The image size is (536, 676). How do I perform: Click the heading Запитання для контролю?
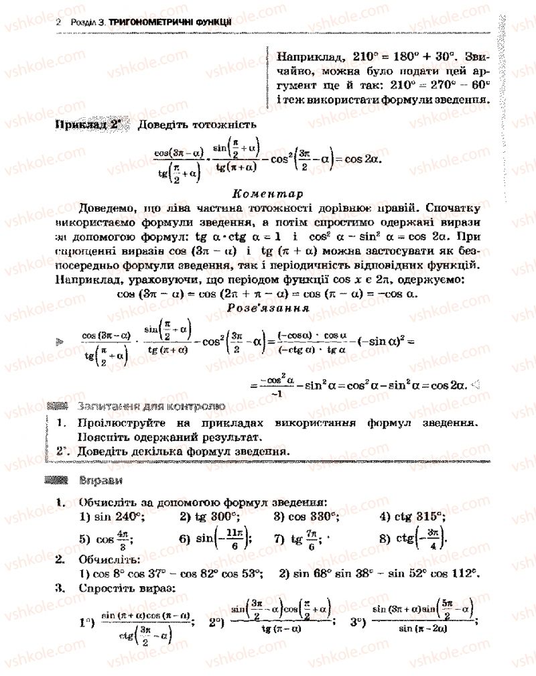[x=151, y=406]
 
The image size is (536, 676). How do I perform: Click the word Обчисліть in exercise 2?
[x=108, y=558]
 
